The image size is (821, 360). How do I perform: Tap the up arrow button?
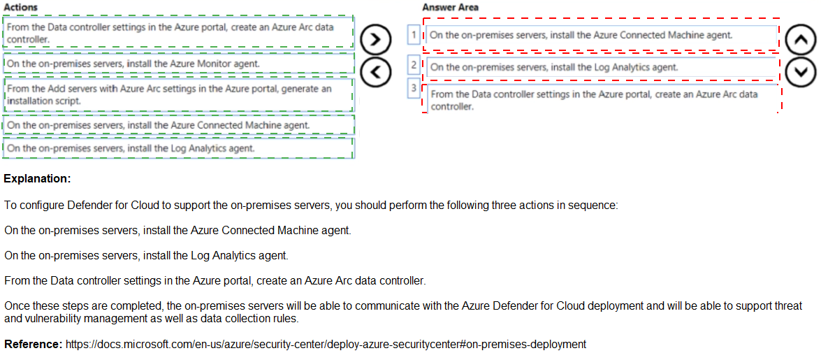[x=799, y=41]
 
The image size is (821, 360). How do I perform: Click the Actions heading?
[x=21, y=7]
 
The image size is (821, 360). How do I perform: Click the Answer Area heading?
[x=451, y=7]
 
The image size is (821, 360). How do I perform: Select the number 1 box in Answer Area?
[x=414, y=34]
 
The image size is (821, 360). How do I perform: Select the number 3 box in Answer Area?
[x=414, y=88]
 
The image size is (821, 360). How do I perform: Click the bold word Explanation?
[x=37, y=179]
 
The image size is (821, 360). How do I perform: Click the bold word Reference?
[x=34, y=345]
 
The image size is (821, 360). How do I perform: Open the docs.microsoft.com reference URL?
[x=326, y=345]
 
